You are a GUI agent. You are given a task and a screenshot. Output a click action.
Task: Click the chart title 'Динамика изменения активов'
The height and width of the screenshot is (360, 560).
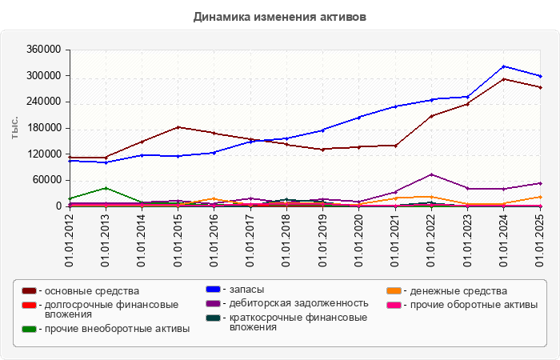click(279, 16)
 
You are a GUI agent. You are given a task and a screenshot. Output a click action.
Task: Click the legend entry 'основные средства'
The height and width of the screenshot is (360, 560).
click(92, 290)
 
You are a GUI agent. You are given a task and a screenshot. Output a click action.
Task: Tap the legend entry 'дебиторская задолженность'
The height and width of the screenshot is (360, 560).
click(298, 302)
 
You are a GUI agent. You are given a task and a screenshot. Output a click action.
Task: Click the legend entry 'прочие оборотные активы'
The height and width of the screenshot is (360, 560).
click(471, 304)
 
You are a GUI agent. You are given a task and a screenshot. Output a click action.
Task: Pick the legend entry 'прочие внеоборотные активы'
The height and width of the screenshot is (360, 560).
click(117, 329)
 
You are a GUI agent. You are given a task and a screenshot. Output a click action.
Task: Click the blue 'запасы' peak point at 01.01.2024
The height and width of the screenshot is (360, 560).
click(504, 66)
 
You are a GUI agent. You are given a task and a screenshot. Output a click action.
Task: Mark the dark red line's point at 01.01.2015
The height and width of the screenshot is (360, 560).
click(178, 127)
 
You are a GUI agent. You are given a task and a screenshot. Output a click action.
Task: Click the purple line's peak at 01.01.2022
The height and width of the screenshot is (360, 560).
click(431, 174)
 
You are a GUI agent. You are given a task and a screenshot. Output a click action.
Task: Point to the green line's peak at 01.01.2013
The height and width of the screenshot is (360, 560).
click(106, 188)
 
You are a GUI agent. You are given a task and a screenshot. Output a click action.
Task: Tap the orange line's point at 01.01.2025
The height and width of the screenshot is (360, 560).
click(540, 197)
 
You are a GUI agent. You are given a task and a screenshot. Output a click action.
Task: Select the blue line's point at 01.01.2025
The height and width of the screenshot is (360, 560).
click(540, 76)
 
